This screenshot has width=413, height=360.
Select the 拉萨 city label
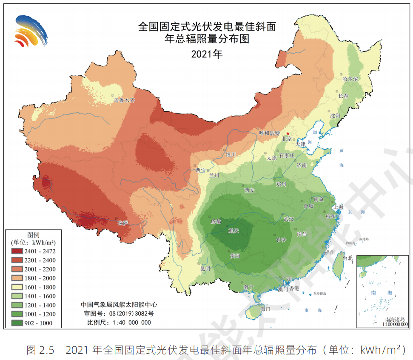coord(123,223)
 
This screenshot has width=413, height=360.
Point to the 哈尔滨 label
coord(350,79)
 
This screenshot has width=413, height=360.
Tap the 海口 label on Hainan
coord(265,309)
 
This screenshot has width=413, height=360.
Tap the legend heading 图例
coord(33,235)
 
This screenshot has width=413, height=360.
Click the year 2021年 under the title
coord(207,54)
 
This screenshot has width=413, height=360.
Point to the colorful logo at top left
coord(30,31)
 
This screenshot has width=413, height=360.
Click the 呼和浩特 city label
coord(269,133)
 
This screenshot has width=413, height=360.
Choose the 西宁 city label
coord(201,170)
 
